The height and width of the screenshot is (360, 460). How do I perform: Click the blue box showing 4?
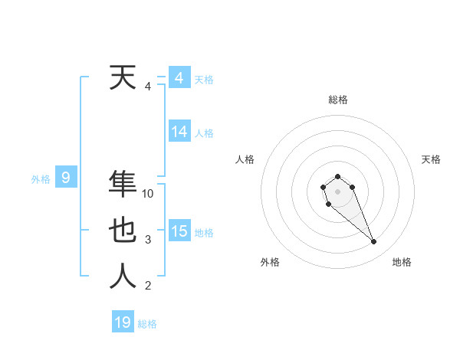click(x=179, y=78)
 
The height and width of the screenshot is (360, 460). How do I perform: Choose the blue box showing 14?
click(x=179, y=132)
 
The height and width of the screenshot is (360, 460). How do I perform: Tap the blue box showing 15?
click(x=179, y=231)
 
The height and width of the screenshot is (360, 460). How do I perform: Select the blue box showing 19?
click(x=123, y=322)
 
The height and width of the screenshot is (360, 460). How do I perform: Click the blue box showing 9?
click(x=66, y=178)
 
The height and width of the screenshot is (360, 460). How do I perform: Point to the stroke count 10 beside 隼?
click(x=148, y=195)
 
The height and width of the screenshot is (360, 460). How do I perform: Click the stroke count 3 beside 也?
click(x=148, y=241)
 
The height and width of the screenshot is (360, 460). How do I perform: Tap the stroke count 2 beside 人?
click(x=148, y=286)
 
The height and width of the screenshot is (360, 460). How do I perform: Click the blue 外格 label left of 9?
click(x=41, y=179)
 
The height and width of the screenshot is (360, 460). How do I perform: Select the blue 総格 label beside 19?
click(x=147, y=324)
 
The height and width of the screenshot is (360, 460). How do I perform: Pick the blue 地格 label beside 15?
click(x=204, y=233)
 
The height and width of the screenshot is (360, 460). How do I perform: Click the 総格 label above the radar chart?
click(x=337, y=100)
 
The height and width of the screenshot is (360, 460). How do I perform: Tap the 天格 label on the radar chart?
click(x=431, y=159)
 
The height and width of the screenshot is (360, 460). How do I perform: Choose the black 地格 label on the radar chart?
click(x=402, y=262)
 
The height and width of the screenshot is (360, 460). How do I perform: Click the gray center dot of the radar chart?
click(x=337, y=191)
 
